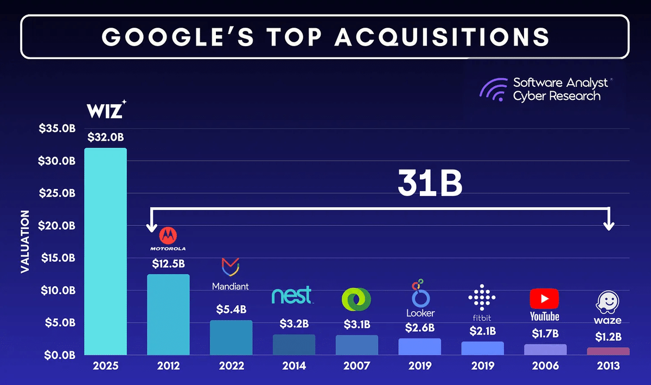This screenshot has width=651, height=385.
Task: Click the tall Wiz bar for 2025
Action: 105,251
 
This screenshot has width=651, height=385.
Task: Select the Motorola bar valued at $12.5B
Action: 168,314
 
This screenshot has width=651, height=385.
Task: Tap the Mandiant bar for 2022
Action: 231,337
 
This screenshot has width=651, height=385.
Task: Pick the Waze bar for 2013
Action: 609,351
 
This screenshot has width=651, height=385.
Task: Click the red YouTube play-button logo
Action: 544,298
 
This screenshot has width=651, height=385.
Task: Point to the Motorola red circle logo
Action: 168,236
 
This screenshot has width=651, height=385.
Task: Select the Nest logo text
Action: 292,296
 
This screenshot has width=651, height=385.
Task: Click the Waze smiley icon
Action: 608,302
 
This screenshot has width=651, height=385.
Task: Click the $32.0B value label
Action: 105,137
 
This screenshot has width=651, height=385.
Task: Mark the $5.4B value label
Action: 231,310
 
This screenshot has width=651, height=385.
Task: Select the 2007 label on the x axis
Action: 357,366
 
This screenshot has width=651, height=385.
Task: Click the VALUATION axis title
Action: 25,242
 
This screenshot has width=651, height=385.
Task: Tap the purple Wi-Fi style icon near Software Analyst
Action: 492,89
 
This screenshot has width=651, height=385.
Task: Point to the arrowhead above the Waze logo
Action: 609,225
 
